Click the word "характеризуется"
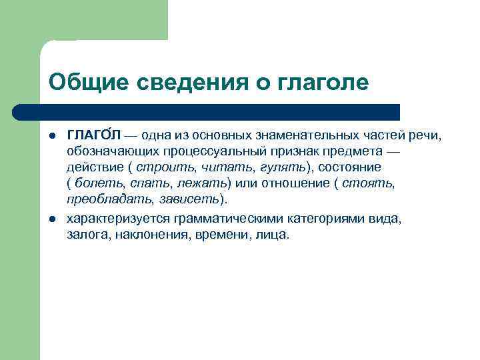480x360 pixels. [x=119, y=219]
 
